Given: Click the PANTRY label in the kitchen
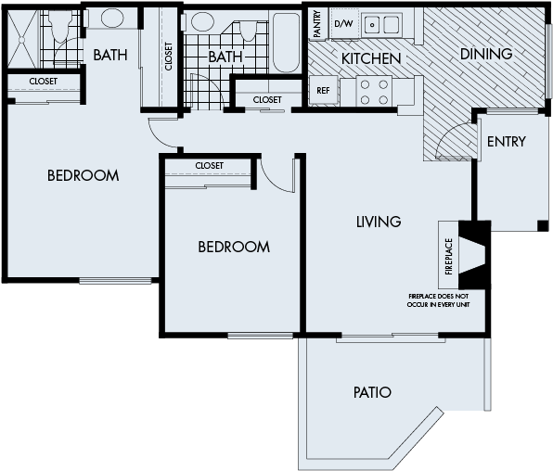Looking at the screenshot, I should (317, 24).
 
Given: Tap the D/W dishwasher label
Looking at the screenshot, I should (343, 23).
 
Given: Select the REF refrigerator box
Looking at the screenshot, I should (323, 91).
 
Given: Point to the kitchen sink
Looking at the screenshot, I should (381, 24).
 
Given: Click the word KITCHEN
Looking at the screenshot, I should (371, 58).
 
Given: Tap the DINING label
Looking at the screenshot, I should (486, 54).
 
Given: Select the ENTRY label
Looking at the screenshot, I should (506, 142).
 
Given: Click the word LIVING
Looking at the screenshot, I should (379, 222).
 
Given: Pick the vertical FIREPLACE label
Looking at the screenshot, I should (449, 257).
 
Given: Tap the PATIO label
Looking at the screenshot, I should (372, 392).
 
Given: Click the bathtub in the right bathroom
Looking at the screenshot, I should (286, 41).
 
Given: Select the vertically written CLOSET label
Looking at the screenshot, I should (168, 56).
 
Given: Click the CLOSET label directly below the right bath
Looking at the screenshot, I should (266, 99).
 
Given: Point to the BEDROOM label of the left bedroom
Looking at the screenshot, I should (84, 175).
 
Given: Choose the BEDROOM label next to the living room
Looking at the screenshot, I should (234, 247).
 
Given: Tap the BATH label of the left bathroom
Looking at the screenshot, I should (110, 56).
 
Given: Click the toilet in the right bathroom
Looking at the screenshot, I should (248, 30).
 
